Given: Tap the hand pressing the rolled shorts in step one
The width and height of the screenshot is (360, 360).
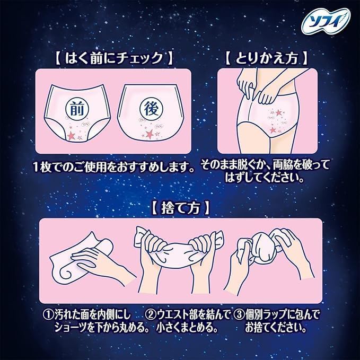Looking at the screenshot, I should pyautogui.click(x=98, y=262).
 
